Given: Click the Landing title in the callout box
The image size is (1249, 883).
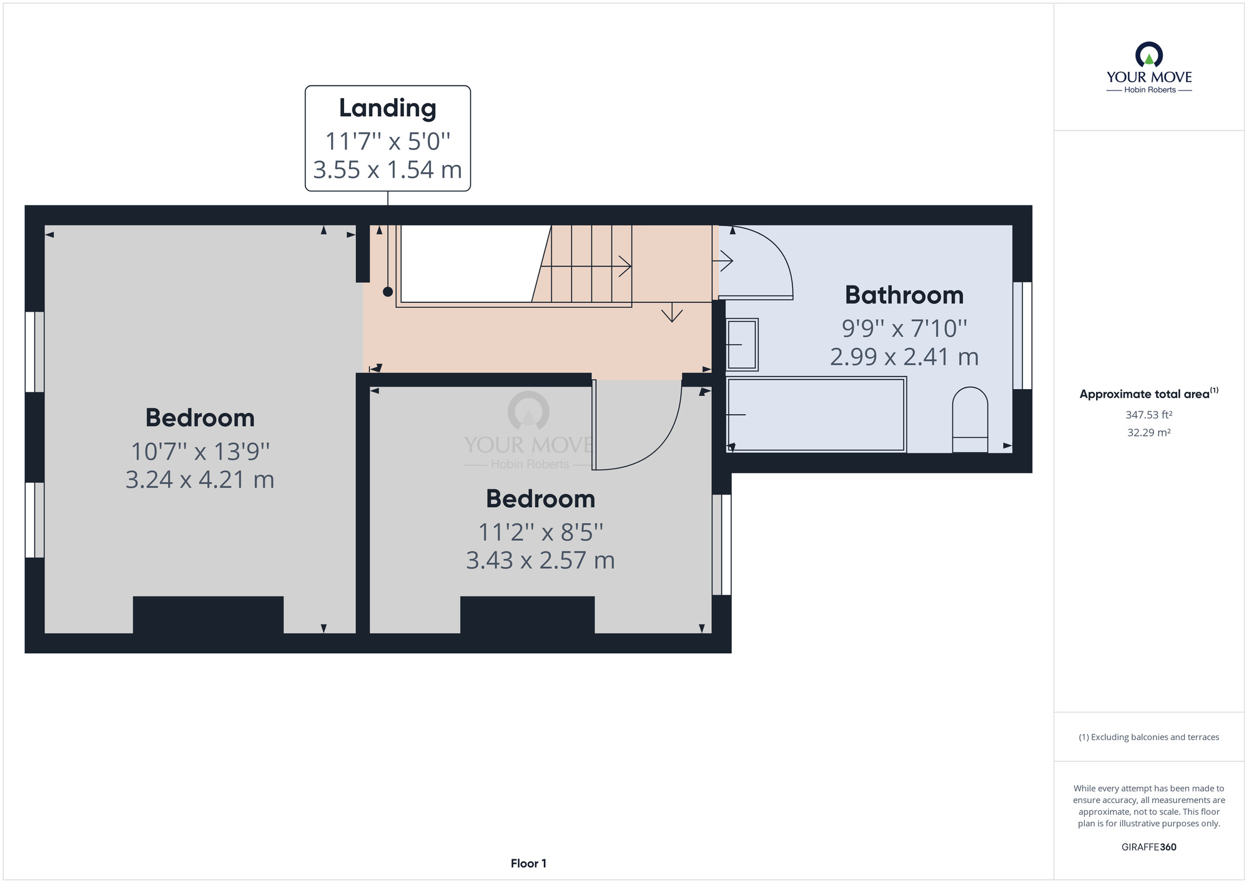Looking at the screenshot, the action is coord(387,108).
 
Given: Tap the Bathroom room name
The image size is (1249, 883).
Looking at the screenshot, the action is coord(904,295).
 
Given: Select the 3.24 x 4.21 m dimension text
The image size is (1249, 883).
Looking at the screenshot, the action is coord(200,480).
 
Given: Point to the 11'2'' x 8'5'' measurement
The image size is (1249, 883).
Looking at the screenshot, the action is coord(541,532).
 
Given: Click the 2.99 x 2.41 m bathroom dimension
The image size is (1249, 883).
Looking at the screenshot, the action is coord(904,357).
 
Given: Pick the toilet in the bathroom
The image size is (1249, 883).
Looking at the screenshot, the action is coord(970,420).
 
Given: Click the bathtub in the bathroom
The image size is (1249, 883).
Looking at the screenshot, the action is coord(816,414).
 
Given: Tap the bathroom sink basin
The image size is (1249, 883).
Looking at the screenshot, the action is coord(742,345).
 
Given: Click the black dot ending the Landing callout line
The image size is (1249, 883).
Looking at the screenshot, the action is coord(388,292).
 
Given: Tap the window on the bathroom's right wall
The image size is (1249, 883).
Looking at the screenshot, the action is coord(1022,335).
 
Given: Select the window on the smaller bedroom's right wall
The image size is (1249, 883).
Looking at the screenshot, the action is coord(722,545).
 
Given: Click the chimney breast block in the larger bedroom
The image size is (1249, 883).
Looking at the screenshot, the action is coord(208,615).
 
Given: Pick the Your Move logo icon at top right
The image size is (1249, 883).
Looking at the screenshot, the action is coord(1149,54).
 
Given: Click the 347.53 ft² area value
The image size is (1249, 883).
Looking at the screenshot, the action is coord(1149,415).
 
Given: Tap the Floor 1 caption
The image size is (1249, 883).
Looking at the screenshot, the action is coord(528,864).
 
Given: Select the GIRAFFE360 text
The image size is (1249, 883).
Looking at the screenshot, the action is coord(1149,847).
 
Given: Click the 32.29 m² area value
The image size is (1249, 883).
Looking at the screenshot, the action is coord(1149,432).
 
